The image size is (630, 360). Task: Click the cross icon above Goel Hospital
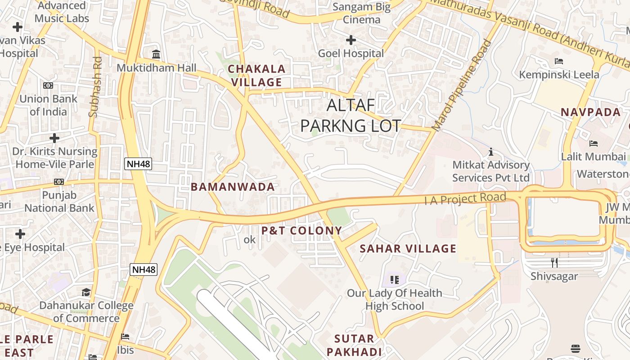pos(351,40)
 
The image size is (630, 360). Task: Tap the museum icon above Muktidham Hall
pos(156,54)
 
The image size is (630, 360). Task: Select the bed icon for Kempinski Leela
pos(559,61)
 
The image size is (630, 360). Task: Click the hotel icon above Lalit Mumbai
pos(594,144)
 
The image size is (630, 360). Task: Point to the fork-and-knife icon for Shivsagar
pos(554,262)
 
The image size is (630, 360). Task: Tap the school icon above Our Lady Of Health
pos(395,280)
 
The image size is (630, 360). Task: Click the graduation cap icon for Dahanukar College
pos(86,292)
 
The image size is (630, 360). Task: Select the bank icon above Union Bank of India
pos(48,85)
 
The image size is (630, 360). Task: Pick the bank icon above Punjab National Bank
pos(58,182)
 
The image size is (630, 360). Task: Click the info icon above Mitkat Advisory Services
pos(491,152)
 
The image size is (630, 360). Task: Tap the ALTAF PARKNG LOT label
pos(351,115)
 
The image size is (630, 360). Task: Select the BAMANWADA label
pos(233,187)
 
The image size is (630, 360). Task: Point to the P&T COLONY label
pos(302,231)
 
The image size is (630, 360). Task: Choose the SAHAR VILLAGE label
pos(408,249)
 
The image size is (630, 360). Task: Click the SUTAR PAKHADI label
pos(354,345)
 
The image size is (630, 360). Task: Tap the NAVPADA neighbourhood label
pos(590,112)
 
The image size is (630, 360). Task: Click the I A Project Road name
pos(465,198)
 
